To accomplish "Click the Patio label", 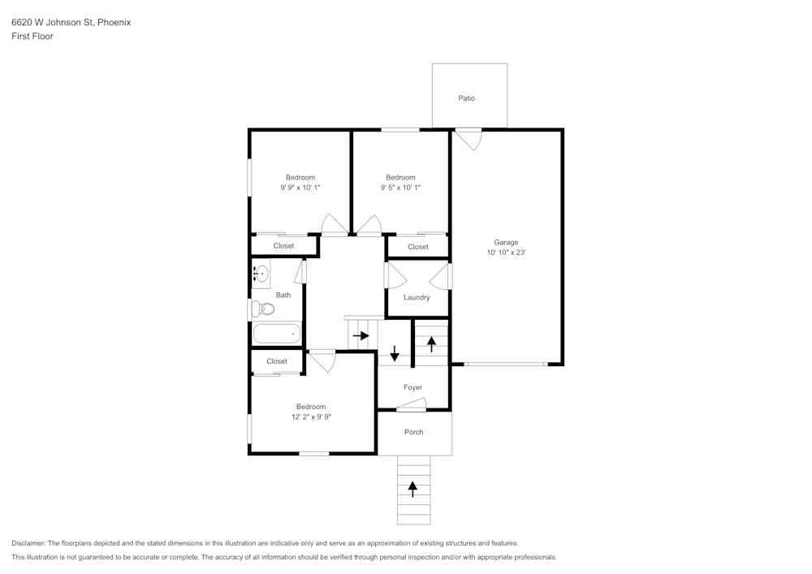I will click(466, 98).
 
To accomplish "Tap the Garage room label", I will click(506, 242).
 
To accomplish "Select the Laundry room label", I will click(417, 297).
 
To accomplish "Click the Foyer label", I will click(412, 387).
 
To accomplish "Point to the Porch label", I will click(413, 432).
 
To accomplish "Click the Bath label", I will click(283, 295).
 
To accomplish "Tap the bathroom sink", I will click(261, 274).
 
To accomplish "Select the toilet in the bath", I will click(262, 309).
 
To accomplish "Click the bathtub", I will click(277, 334).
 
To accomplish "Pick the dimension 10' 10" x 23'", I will click(506, 252).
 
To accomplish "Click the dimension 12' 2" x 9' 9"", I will click(311, 416).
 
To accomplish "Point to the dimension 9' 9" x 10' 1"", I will click(300, 188).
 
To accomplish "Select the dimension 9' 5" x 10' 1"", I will click(400, 188).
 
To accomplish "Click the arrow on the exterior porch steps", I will click(412, 489).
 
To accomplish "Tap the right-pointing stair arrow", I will click(361, 335).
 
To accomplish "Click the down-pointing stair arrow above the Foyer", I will click(395, 353).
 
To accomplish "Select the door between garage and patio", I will click(468, 139).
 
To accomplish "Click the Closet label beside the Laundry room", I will click(418, 247).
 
